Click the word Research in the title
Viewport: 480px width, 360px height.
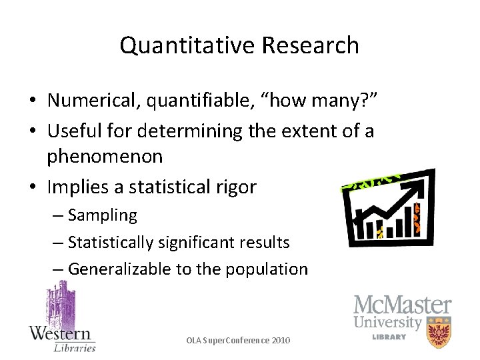click(x=311, y=45)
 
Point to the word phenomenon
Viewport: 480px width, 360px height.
click(x=105, y=157)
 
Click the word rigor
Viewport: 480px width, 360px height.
click(x=235, y=187)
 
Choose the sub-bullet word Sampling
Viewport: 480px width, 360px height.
click(x=102, y=215)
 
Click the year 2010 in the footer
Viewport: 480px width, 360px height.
click(x=280, y=340)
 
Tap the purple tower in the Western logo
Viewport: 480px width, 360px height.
click(x=60, y=303)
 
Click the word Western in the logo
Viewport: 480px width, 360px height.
click(x=60, y=333)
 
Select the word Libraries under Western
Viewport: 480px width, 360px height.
click(x=74, y=347)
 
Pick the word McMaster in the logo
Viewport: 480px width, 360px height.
click(x=402, y=306)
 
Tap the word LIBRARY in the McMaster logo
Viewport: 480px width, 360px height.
click(x=389, y=337)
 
